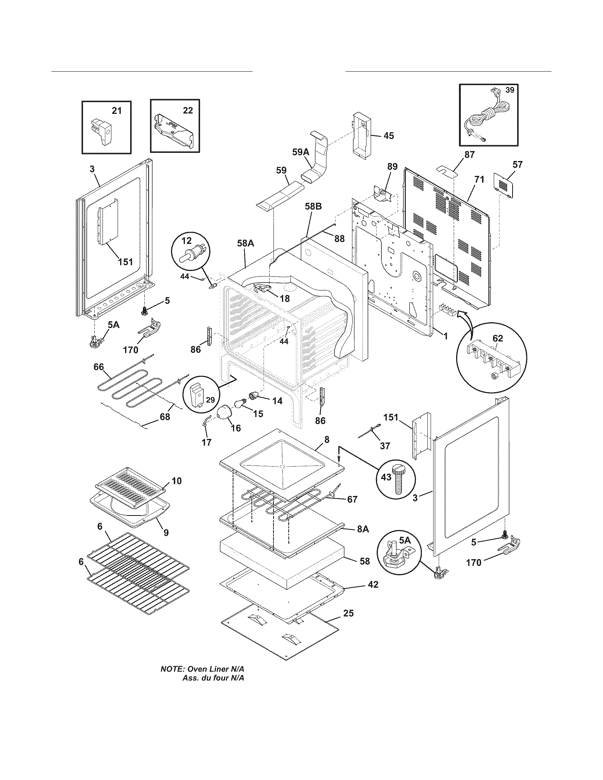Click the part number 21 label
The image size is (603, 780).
(x=117, y=111)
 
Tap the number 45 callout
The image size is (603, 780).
(x=389, y=136)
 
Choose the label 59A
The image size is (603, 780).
(x=300, y=152)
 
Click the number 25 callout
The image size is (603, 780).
(x=348, y=613)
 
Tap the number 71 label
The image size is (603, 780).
(x=479, y=180)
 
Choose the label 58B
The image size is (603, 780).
(x=313, y=206)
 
